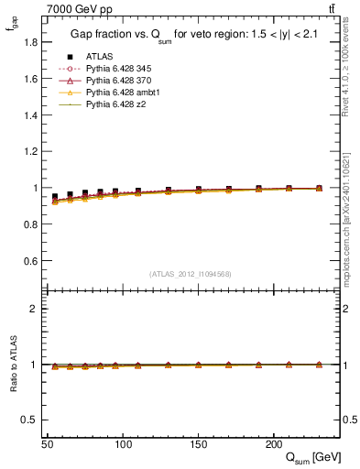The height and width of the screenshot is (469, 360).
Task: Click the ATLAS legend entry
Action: point(100,57)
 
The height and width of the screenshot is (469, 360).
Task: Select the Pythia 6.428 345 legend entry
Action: point(115,69)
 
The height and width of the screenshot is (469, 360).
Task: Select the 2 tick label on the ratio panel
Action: point(34,309)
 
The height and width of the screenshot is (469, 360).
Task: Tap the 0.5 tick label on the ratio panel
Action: point(31,420)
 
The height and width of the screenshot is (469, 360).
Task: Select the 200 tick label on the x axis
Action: point(273,443)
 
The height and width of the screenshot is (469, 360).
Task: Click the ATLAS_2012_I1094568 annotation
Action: point(191,273)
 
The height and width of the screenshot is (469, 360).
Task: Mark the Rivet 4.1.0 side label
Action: point(345,64)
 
